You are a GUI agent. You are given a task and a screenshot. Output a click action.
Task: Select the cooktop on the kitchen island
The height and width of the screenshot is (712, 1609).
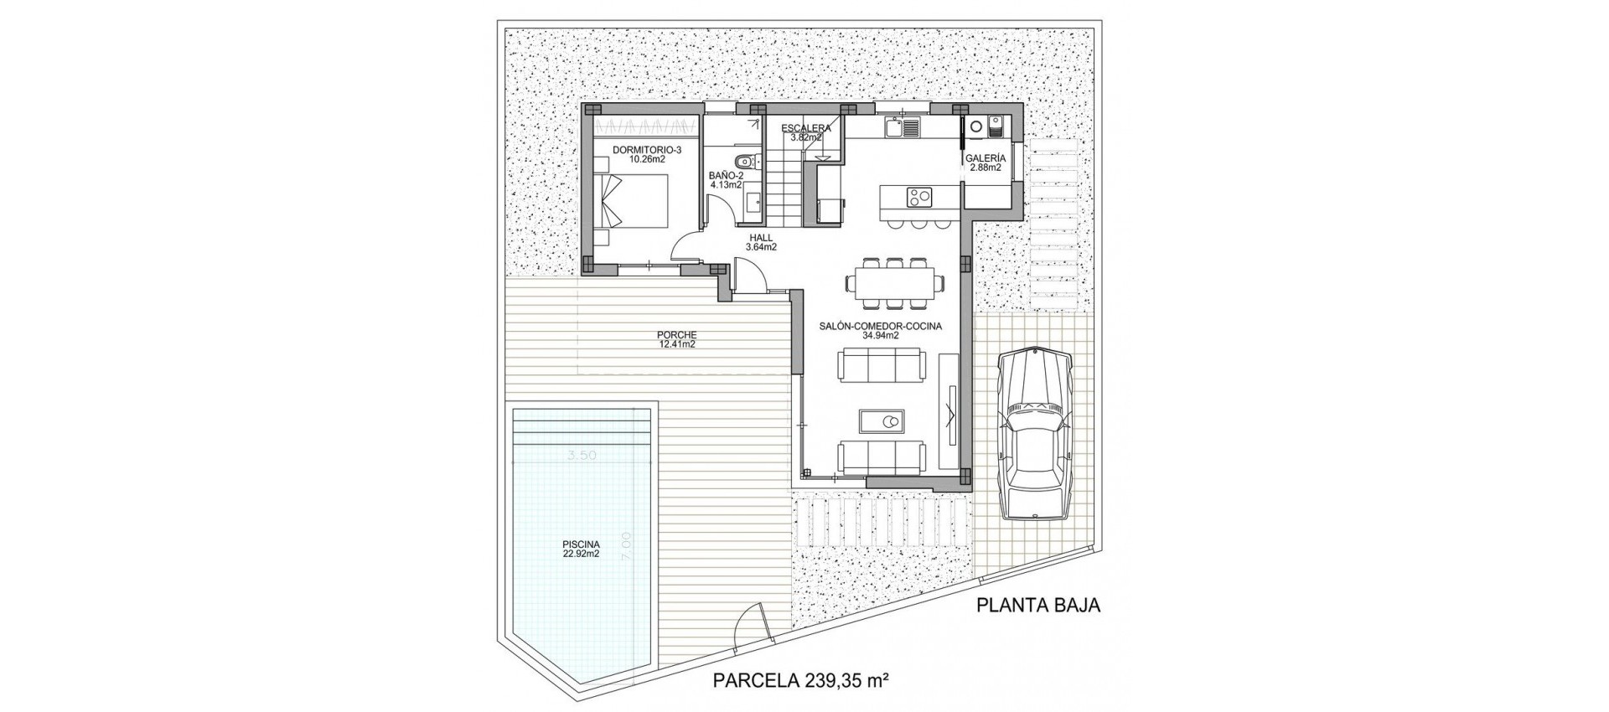point(919,198)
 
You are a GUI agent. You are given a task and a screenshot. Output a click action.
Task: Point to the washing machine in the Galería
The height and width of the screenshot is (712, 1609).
point(975,126)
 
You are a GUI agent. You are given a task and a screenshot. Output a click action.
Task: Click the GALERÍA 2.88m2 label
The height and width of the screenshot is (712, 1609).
point(986,163)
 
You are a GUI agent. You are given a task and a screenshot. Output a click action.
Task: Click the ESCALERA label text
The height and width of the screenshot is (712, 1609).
point(805,128)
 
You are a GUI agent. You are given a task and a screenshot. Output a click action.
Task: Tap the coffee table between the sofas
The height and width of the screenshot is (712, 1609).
point(882,420)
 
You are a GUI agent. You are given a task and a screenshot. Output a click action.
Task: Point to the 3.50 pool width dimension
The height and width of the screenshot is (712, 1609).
point(582,456)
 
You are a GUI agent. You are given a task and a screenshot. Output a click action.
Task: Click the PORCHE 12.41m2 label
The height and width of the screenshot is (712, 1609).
point(677,338)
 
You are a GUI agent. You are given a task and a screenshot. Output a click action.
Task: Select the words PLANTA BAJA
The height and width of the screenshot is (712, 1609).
point(1038,606)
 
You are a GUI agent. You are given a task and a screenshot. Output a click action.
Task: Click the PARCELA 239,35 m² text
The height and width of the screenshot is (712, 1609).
point(799,681)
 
